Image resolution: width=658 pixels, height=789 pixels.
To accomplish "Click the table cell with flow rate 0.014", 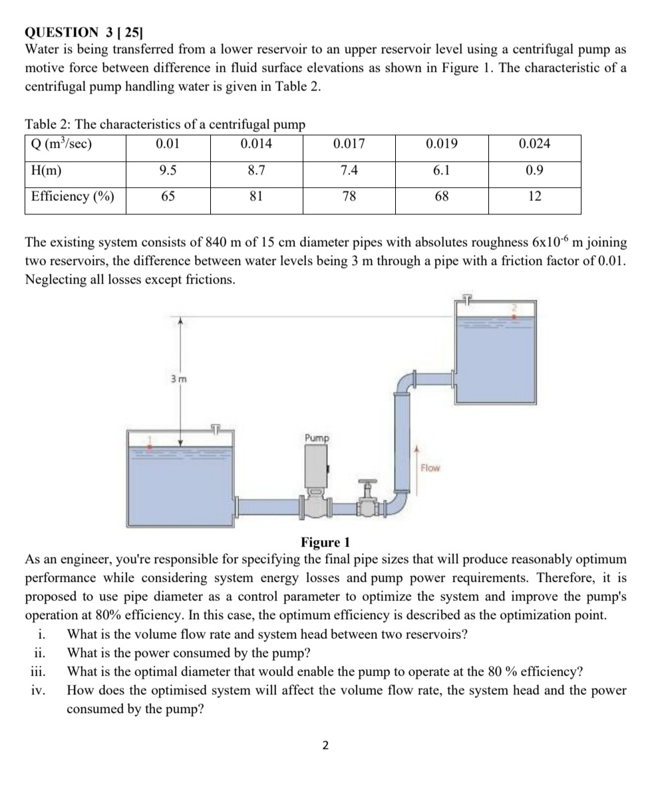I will (x=256, y=144).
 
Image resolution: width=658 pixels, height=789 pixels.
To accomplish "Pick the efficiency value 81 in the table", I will (x=256, y=196).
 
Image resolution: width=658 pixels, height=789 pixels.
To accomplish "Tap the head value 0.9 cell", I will (x=534, y=170).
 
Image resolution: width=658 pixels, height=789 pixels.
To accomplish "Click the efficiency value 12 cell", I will (x=534, y=196).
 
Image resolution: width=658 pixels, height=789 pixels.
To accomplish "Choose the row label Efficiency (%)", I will (x=73, y=196).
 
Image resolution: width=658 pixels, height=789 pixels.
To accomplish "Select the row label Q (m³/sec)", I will (x=61, y=144).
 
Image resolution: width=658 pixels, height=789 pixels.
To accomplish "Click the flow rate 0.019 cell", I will (x=441, y=144).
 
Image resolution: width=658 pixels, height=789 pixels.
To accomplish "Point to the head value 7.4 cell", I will (x=349, y=170).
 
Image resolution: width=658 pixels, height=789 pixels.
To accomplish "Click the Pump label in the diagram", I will (x=316, y=437).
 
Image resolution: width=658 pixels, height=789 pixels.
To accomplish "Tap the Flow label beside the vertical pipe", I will (x=430, y=468).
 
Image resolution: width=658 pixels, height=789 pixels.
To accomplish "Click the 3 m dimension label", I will (x=178, y=379).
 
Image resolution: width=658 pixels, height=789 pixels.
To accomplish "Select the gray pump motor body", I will (x=315, y=465).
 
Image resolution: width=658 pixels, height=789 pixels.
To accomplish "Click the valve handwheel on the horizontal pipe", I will (x=367, y=481).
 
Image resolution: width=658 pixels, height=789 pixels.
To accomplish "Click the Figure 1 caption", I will (x=325, y=543).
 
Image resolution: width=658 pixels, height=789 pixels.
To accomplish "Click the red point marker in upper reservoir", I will (x=514, y=318).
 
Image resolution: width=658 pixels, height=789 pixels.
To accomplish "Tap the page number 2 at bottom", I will (x=325, y=745).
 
